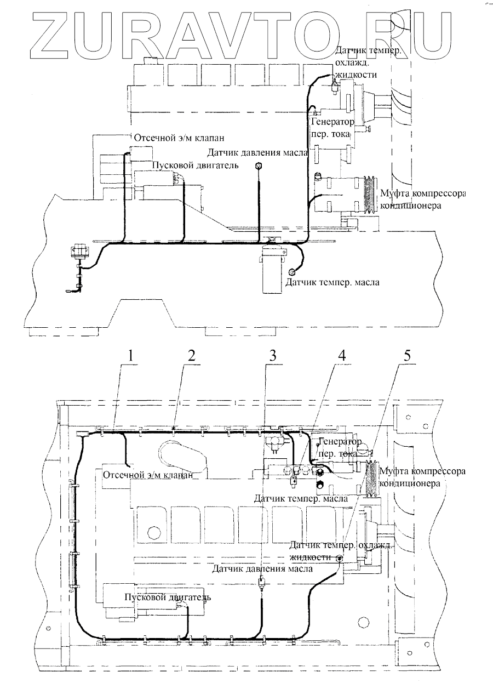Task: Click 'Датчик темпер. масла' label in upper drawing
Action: pos(332,283)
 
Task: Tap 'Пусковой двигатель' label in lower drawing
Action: pos(167,597)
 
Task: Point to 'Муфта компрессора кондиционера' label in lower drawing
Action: pos(425,477)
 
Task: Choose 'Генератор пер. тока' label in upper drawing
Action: pos(332,127)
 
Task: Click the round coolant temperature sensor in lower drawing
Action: pos(340,559)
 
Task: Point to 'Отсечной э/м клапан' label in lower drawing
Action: pos(147,475)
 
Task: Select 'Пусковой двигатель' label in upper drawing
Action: pos(194,166)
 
